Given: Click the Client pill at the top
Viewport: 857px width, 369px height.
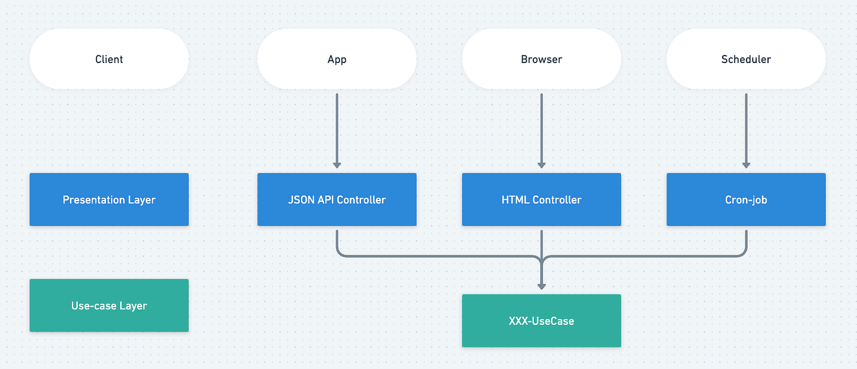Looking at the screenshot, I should tap(109, 59).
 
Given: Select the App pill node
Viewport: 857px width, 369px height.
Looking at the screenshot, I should tap(337, 59).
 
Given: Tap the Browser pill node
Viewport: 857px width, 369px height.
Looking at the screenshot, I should tap(541, 59).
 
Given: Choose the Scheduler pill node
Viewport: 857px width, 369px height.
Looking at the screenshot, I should tap(746, 59).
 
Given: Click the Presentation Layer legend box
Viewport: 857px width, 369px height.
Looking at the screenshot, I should tap(109, 200).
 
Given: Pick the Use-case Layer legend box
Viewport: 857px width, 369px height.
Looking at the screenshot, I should tap(109, 306).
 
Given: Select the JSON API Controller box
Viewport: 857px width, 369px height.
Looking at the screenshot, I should tap(337, 200).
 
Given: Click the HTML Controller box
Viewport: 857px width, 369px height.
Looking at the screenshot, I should tap(541, 200).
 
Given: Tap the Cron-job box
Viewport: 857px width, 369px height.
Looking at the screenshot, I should tap(746, 200).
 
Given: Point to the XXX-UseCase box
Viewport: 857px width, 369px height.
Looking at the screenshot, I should tap(541, 321).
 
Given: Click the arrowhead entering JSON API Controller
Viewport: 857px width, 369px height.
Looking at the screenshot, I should tap(337, 165).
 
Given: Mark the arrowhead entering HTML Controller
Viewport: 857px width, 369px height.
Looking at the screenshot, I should tap(541, 165).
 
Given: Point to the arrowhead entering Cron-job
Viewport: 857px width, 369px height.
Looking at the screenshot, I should tap(746, 165).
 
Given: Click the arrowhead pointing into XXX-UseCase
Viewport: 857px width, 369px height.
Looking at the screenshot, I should tap(541, 286).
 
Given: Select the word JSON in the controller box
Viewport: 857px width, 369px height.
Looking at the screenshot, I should tap(300, 200).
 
